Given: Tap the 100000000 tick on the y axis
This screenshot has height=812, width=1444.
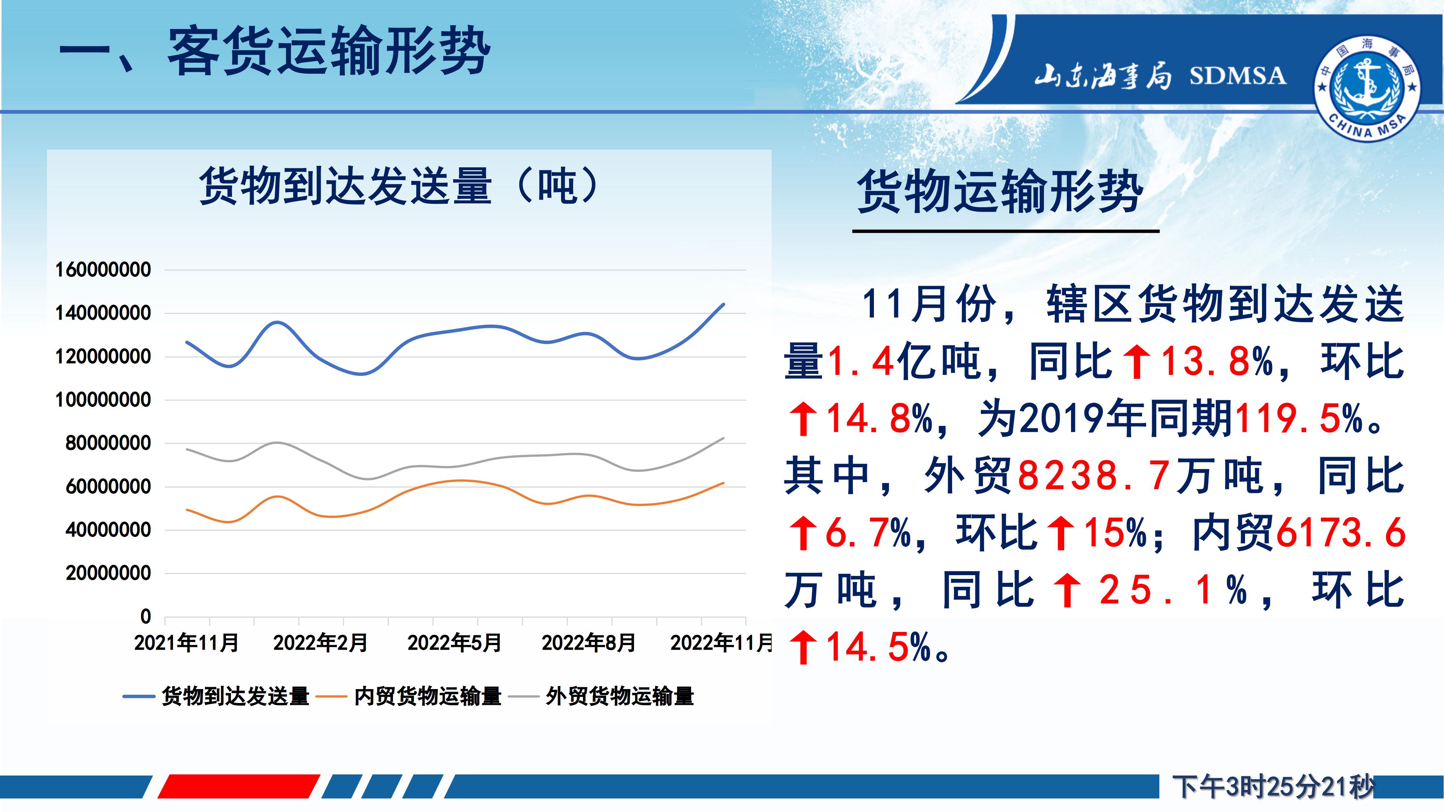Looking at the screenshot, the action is tap(103, 400).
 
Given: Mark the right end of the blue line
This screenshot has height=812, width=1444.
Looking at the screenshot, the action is tap(724, 304).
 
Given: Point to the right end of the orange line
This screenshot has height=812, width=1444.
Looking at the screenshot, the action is tap(724, 482).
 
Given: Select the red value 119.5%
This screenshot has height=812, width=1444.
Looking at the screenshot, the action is tap(1299, 418).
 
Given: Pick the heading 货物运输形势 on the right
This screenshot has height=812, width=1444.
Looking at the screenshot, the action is tap(1000, 192).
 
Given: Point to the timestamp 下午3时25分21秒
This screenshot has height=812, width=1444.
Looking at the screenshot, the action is tap(1273, 787).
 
